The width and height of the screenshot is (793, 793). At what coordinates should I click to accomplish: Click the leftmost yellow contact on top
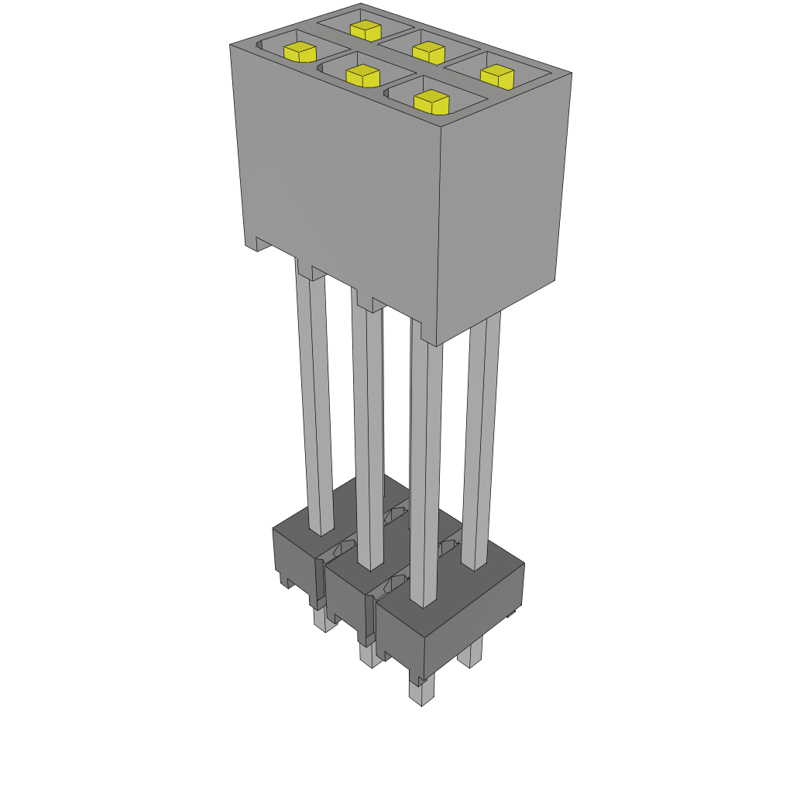click(300, 52)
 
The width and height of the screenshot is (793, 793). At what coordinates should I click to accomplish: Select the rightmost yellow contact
click(497, 77)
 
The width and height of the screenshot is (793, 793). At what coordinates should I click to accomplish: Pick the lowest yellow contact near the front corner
click(432, 101)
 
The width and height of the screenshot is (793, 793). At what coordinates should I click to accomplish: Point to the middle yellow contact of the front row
click(362, 75)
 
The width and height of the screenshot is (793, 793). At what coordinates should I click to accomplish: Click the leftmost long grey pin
click(315, 403)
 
